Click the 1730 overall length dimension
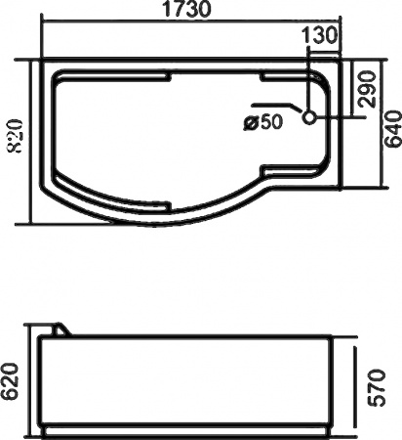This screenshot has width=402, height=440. click(186, 9)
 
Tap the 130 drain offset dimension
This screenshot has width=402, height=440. click(319, 35)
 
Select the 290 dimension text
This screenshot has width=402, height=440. click(367, 89)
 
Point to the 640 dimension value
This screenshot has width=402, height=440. click(392, 129)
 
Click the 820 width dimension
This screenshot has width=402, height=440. click(15, 136)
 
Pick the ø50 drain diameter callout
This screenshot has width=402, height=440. click(263, 122)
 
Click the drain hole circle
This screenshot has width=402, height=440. click(308, 117)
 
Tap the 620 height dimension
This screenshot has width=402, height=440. click(11, 381)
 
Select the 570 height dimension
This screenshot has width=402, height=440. click(378, 388)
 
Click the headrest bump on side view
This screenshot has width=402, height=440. click(61, 329)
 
